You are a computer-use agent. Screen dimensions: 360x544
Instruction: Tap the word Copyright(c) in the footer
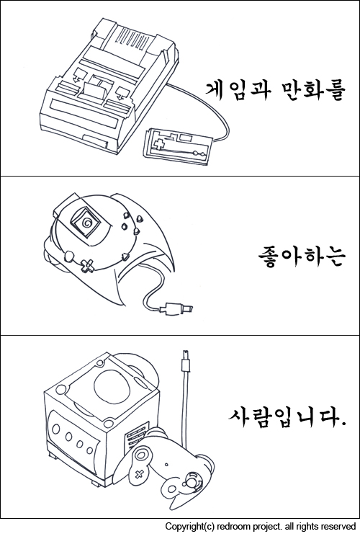click(x=190, y=527)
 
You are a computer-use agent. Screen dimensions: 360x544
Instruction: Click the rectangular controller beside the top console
click(x=179, y=146)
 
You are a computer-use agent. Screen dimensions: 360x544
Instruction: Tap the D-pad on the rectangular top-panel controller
click(x=160, y=143)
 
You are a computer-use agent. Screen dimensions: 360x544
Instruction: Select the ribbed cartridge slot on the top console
click(x=132, y=37)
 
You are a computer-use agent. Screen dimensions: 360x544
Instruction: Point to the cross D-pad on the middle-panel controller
click(x=87, y=265)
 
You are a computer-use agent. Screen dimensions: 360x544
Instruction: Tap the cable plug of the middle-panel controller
click(x=176, y=308)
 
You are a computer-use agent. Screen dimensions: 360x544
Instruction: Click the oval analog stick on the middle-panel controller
click(x=68, y=256)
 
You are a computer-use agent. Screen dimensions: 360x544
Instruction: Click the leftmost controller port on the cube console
click(x=56, y=429)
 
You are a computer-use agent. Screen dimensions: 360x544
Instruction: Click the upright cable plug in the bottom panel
click(x=186, y=361)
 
